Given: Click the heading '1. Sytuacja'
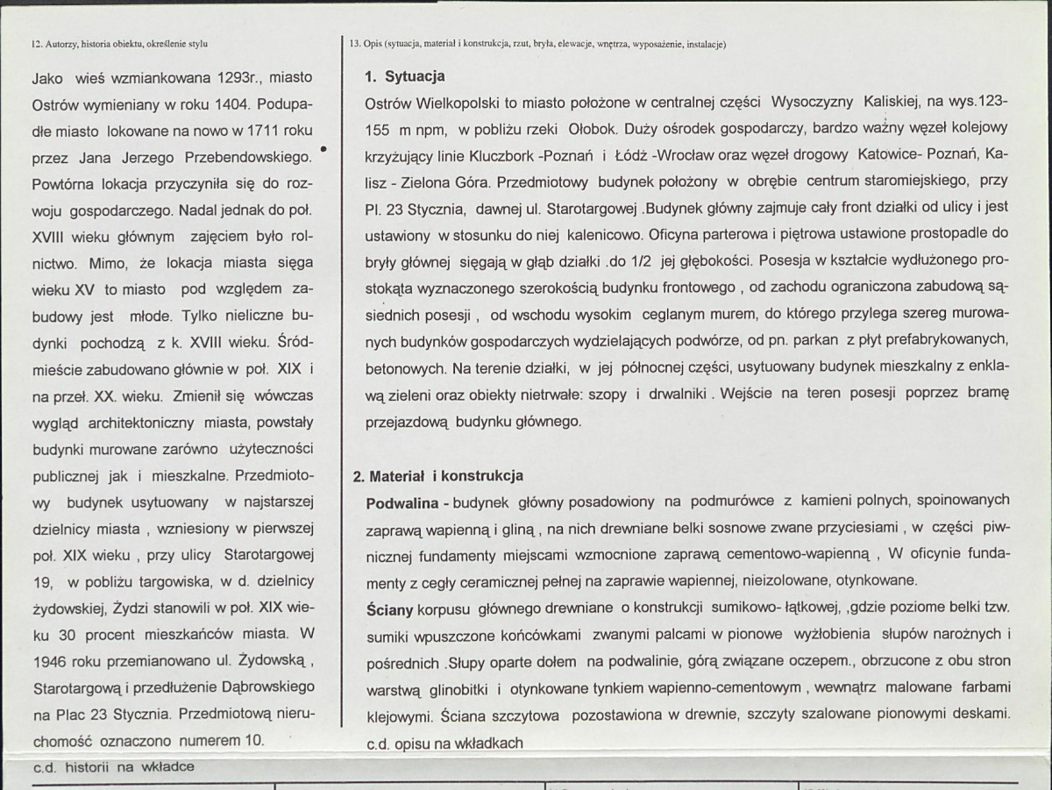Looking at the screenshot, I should click(x=404, y=76).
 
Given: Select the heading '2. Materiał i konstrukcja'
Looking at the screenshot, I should click(x=437, y=475).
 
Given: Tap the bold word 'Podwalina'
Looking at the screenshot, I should click(x=403, y=501).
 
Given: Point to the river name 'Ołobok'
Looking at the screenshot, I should click(x=594, y=129).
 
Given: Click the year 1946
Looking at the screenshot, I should click(x=50, y=658).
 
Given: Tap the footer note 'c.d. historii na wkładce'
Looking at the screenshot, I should click(x=114, y=766).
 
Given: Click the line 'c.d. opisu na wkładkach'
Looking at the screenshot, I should click(x=444, y=743).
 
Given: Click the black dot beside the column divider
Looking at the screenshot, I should click(x=325, y=149).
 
